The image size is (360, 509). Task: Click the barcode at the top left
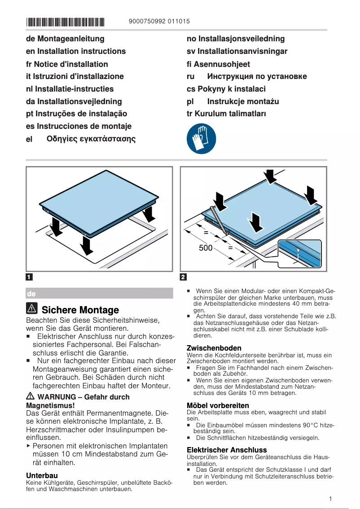pos(65,22)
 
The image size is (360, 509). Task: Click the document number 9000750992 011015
pos(159,21)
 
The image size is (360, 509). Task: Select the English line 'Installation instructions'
pos(81,51)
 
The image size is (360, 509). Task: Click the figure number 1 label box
pos(29,276)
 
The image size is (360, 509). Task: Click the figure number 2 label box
pos(184,276)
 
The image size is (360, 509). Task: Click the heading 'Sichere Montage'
pos(80,310)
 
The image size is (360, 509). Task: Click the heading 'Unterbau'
pos(42,475)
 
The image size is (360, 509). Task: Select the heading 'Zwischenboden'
pos(214,348)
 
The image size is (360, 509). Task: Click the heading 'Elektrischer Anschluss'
pos(226,450)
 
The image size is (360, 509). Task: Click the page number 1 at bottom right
pos(330,499)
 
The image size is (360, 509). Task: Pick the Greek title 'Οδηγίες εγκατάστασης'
pos(91,139)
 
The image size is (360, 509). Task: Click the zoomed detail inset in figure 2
pos(299,253)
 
